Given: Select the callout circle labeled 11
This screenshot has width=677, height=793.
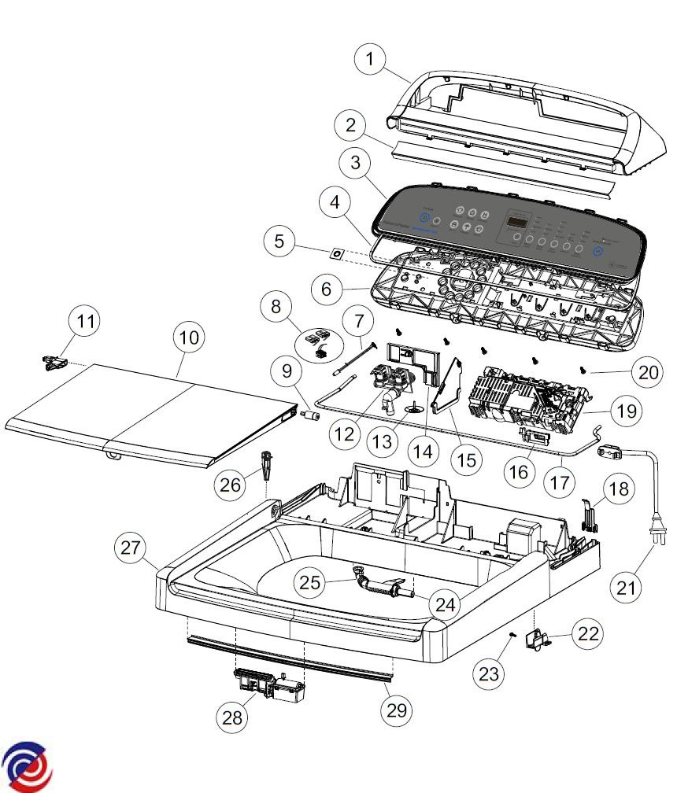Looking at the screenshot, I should click(x=86, y=322).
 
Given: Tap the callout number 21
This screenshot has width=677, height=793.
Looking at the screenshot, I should click(x=626, y=587).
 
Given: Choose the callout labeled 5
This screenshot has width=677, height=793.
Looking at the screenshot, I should click(x=280, y=242).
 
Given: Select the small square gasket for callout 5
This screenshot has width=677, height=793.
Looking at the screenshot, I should click(x=336, y=254).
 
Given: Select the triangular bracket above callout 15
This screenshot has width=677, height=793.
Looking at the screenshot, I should click(x=446, y=385).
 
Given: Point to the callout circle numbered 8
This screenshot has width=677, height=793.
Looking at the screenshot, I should click(x=276, y=306).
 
